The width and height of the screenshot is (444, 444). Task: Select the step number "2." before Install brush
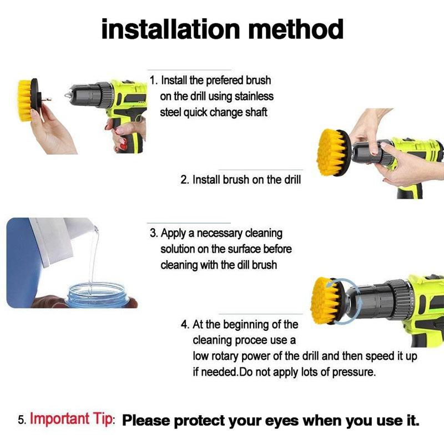(185, 180)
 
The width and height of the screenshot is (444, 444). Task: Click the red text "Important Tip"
(70, 419)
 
